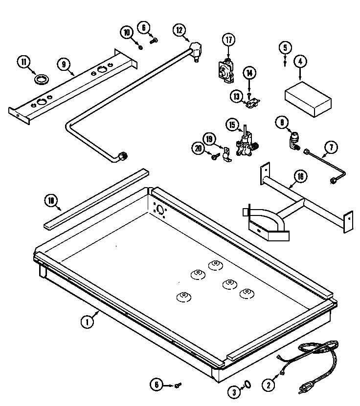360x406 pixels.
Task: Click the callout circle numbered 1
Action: pos(87,321)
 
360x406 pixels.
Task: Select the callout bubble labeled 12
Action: pos(180,30)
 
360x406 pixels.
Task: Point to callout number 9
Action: pos(63,63)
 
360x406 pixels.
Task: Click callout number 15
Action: pos(232,125)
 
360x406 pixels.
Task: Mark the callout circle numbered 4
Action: pos(300,62)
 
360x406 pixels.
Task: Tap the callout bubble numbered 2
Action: pos(268,385)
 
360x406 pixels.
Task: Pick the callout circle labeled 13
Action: pos(237,96)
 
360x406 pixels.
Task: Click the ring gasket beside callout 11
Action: pos(42,78)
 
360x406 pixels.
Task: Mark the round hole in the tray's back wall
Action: pos(159,210)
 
